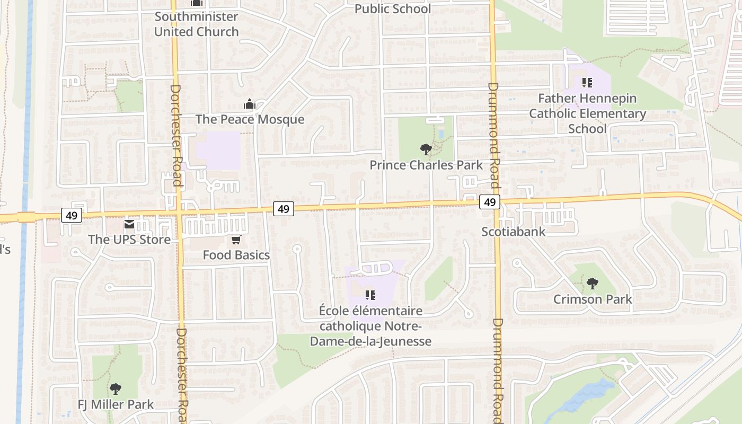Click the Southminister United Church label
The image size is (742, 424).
pyautogui.click(x=196, y=24)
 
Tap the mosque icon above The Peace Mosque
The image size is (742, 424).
pyautogui.click(x=250, y=104)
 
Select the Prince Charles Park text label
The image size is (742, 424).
pyautogui.click(x=426, y=165)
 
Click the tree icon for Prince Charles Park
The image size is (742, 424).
pyautogui.click(x=425, y=149)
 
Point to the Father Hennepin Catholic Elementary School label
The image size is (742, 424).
pyautogui.click(x=587, y=113)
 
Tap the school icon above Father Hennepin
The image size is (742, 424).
pyautogui.click(x=587, y=83)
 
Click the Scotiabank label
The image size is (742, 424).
pyautogui.click(x=513, y=231)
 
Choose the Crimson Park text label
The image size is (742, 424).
pyautogui.click(x=593, y=299)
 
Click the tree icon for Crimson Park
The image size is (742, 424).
pyautogui.click(x=592, y=284)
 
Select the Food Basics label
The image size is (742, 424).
pyautogui.click(x=236, y=255)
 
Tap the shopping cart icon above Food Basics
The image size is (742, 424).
pyautogui.click(x=236, y=240)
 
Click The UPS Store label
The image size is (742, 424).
pyautogui.click(x=129, y=239)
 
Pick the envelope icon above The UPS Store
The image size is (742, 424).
pyautogui.click(x=129, y=225)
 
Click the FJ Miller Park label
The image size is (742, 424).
pyautogui.click(x=116, y=404)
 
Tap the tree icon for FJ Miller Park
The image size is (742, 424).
pyautogui.click(x=115, y=390)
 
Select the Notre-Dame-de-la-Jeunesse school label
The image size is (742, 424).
pyautogui.click(x=370, y=325)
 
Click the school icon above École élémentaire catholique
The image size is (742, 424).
pyautogui.click(x=370, y=295)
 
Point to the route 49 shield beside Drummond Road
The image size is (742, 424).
pyautogui.click(x=490, y=202)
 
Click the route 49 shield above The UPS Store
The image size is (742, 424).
pyautogui.click(x=72, y=215)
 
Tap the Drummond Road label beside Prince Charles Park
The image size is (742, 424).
pyautogui.click(x=493, y=135)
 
